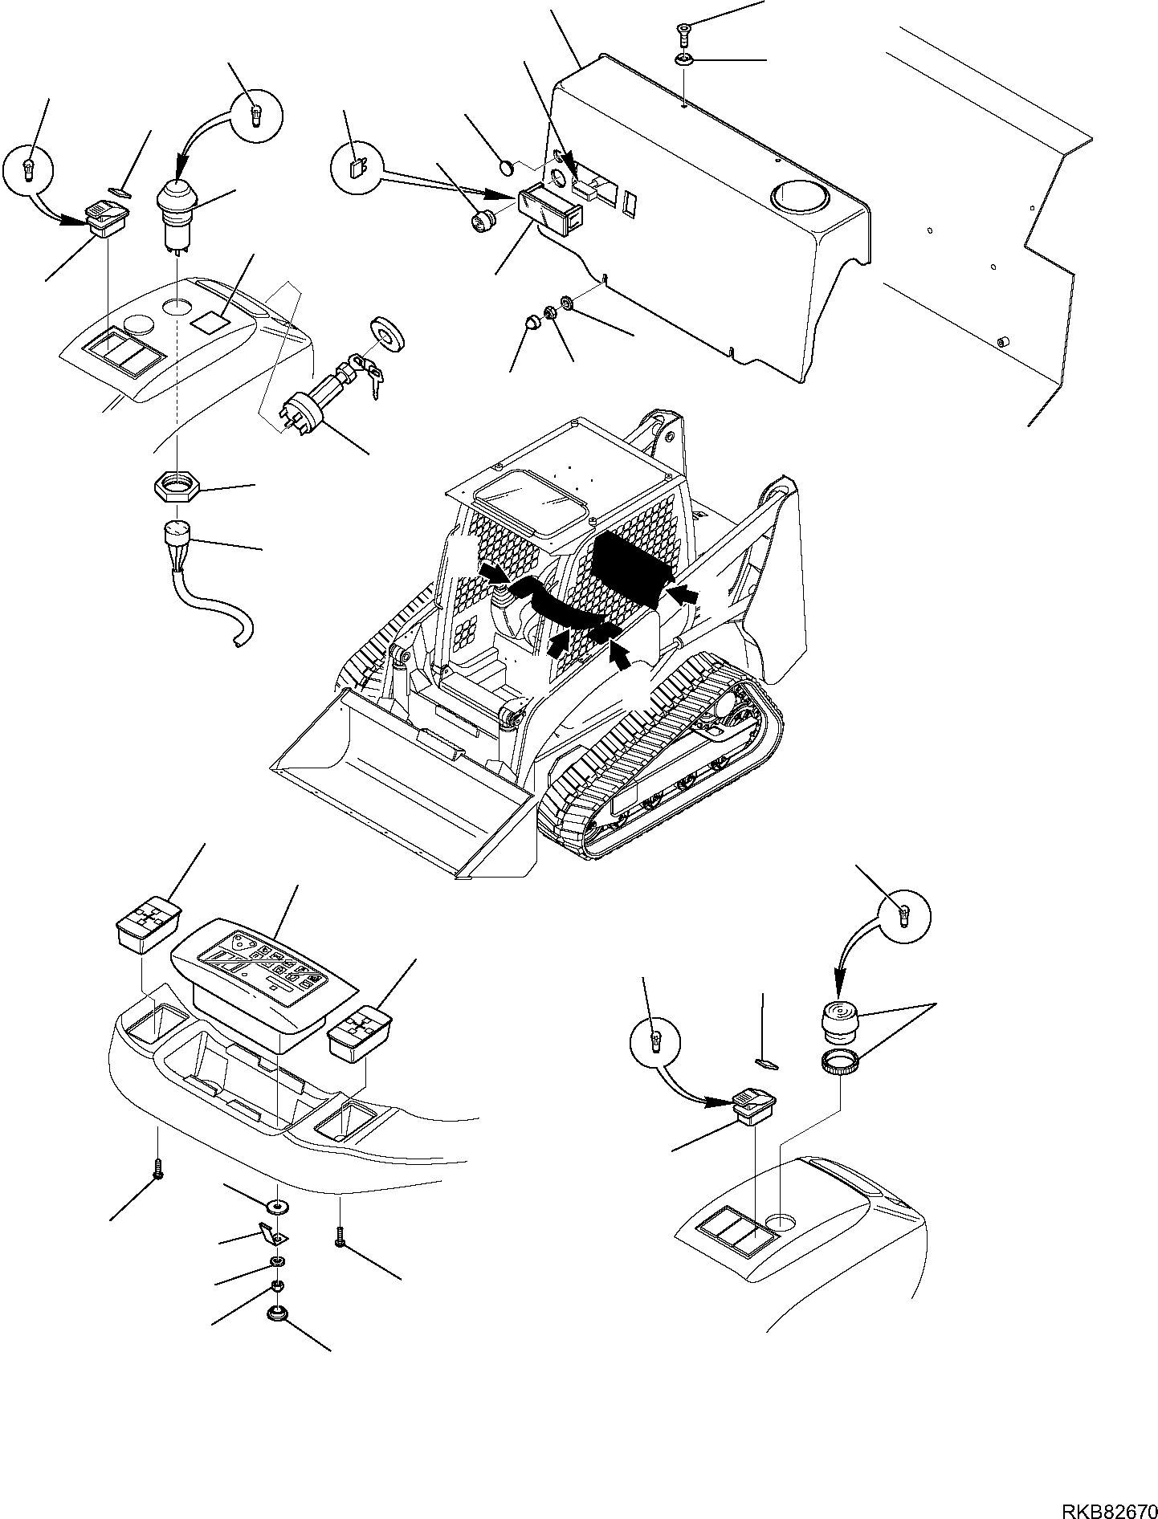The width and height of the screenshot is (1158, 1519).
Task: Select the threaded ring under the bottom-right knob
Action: [838, 1066]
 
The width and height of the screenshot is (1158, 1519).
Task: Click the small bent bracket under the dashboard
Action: [268, 1253]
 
